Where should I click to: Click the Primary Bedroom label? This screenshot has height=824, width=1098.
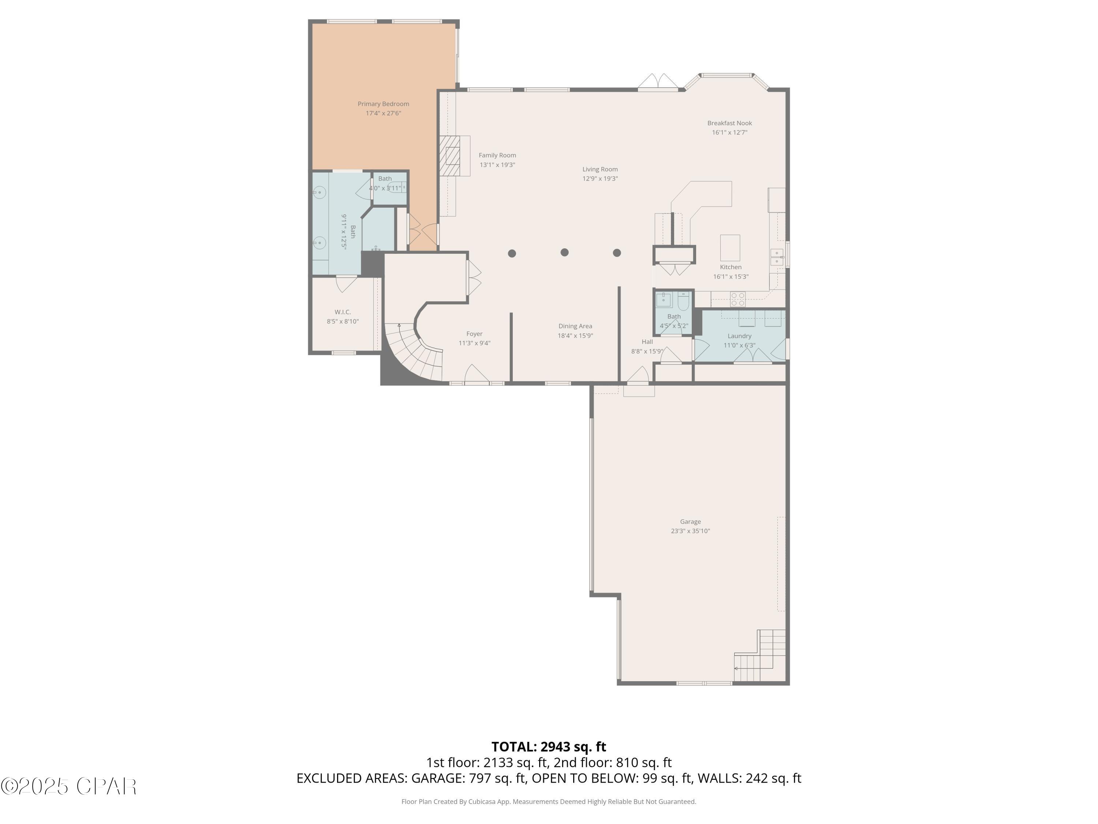[383, 104]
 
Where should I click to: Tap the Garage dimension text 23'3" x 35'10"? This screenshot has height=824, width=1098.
[690, 531]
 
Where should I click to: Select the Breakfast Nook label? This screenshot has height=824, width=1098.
[729, 123]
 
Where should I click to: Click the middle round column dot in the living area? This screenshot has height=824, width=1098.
[564, 252]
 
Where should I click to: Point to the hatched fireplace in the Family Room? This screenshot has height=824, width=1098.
[450, 156]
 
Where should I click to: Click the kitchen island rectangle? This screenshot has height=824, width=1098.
[730, 247]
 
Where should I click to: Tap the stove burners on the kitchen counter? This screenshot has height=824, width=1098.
[737, 298]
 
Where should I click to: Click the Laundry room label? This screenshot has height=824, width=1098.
[739, 336]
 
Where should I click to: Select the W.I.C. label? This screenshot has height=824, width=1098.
[343, 312]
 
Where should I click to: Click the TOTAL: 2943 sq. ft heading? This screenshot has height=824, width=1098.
[549, 746]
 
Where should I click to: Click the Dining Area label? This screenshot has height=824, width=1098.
[575, 326]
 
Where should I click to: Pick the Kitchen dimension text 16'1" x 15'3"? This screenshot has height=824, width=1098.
[731, 276]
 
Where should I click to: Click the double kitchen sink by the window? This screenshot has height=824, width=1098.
[776, 257]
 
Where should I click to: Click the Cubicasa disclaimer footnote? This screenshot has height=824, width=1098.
[549, 801]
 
